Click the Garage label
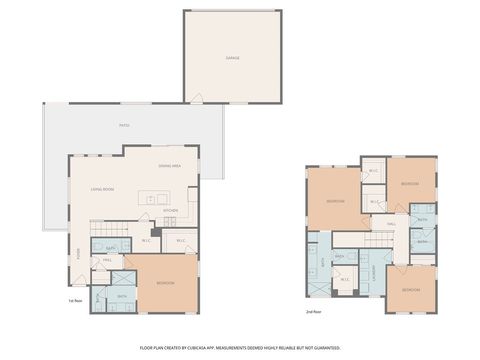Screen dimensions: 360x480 point(232,59)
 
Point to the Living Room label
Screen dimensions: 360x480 point(101,187)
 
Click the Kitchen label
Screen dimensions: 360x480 point(171,210)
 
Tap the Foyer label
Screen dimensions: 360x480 point(78,251)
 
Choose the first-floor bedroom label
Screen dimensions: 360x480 point(166,283)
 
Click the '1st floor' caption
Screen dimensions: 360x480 point(74,299)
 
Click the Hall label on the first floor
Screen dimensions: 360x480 point(107,260)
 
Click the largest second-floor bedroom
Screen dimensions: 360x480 point(335,201)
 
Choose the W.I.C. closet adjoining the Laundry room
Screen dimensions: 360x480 point(345,279)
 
